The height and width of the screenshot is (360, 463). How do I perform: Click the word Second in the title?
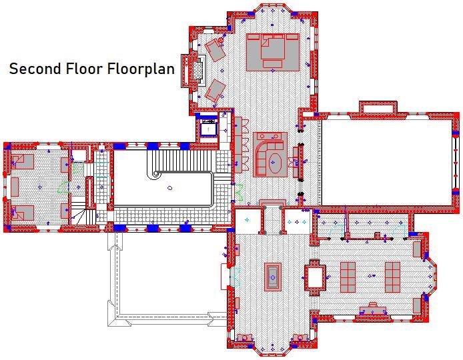pyautogui.click(x=35, y=69)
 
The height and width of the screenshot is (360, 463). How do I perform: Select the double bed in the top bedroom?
pyautogui.click(x=273, y=52)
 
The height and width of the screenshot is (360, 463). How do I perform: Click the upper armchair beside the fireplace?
pyautogui.click(x=215, y=49)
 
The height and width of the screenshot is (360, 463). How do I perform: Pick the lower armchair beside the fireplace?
pyautogui.click(x=215, y=90)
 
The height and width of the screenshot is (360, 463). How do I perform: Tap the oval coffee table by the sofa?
pyautogui.click(x=276, y=163)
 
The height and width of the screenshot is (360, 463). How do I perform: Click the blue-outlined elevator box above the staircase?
pyautogui.click(x=209, y=128)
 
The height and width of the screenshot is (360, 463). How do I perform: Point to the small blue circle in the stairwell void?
pyautogui.click(x=169, y=188)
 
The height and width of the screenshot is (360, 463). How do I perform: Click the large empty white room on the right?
pyautogui.click(x=386, y=162)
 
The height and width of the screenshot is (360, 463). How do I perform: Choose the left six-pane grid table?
pyautogui.click(x=348, y=277)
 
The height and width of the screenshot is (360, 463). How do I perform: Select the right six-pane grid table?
pyautogui.click(x=392, y=277)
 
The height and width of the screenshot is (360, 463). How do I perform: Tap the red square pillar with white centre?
pyautogui.click(x=315, y=277)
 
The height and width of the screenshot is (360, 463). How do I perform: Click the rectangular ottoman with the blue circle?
pyautogui.click(x=273, y=277)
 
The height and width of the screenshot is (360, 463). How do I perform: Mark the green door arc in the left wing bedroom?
pyautogui.click(x=63, y=188)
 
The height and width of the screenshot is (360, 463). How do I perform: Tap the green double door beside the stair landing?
pyautogui.click(x=239, y=193)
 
